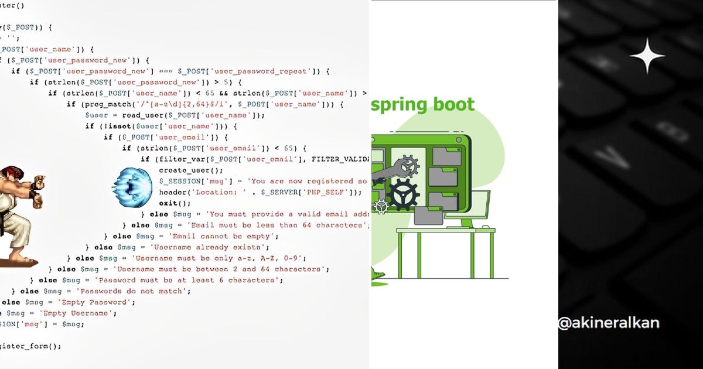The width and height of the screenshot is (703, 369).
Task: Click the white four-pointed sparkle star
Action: pos(647,56)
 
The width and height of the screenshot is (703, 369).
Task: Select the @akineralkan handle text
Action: pos(608,323)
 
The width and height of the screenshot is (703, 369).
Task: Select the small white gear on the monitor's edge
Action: pos(382,206)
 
